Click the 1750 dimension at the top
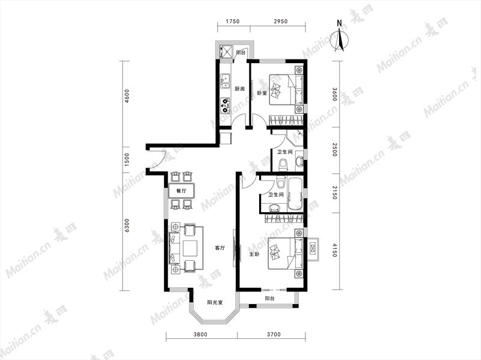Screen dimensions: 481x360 tap(232, 22)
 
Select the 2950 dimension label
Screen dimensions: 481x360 tap(280, 22)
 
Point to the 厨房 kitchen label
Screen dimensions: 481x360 tap(239, 89)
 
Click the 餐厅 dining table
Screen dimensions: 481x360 tap(182, 191)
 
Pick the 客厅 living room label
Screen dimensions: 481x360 tap(219, 248)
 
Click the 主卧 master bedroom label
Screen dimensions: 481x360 tap(254, 254)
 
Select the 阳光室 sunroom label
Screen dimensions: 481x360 tap(215, 302)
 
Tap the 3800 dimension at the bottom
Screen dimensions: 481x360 tap(200, 335)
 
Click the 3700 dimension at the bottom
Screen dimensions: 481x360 tap(273, 335)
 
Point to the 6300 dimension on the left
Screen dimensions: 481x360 tap(127, 226)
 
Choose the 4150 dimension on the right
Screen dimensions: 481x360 tap(335, 250)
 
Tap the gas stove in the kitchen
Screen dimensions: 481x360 tap(225, 105)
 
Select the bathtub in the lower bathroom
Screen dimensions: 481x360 tap(295, 194)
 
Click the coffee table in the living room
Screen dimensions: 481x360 tap(191, 248)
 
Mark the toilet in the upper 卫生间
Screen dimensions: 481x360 tap(283, 165)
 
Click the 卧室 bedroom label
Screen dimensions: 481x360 tap(262, 93)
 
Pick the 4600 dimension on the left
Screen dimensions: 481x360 tap(127, 96)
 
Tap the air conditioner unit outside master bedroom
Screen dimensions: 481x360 tap(313, 249)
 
